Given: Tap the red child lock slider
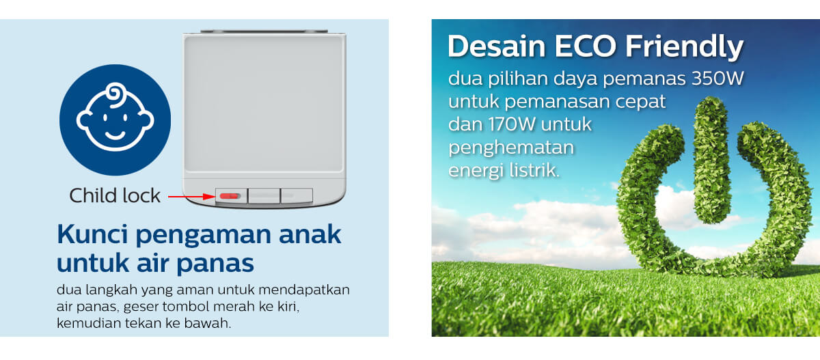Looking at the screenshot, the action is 230,197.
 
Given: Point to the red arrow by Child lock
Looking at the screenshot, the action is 191,197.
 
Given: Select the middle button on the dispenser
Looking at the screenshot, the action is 264,196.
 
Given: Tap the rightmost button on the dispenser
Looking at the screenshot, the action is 297,196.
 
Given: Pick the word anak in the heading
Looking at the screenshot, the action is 310,234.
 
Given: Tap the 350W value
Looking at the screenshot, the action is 717,79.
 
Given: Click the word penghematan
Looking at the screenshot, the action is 511,148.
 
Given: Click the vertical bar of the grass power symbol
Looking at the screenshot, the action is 711,161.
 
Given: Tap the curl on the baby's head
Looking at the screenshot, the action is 115,94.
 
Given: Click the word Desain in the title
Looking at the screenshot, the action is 496,46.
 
